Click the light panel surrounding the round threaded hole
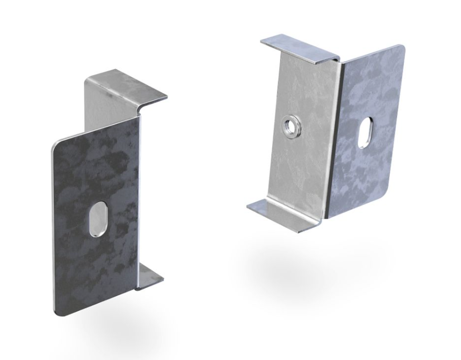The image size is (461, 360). [x=301, y=158]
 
